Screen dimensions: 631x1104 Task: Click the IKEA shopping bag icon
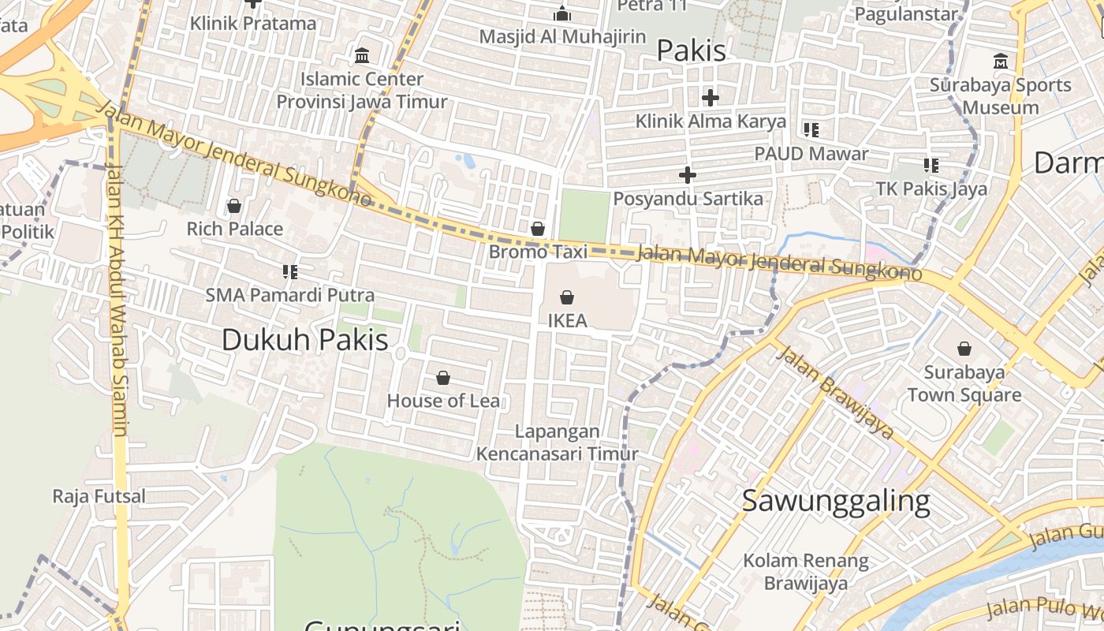(566, 297)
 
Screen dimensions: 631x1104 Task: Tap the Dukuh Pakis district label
(304, 339)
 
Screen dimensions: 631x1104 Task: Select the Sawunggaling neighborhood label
(836, 501)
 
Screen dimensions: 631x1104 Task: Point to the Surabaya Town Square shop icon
(964, 348)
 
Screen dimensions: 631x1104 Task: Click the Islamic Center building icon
(362, 55)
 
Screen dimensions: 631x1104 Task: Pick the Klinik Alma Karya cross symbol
(711, 98)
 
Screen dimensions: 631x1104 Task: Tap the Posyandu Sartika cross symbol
(688, 175)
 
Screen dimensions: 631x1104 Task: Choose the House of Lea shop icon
(443, 378)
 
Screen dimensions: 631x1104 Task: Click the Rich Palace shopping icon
(234, 206)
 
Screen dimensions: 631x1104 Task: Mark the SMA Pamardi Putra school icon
(289, 272)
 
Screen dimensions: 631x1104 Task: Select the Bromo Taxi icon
(538, 229)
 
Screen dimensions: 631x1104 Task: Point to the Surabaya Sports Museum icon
(1001, 61)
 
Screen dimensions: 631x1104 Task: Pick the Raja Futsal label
(99, 496)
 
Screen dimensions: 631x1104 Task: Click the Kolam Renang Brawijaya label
(805, 572)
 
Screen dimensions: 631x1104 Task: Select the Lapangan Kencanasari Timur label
(557, 442)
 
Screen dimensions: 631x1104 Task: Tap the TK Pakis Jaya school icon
(931, 166)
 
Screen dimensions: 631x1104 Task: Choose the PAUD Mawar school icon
(811, 130)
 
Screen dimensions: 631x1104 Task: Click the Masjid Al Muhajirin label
(562, 36)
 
